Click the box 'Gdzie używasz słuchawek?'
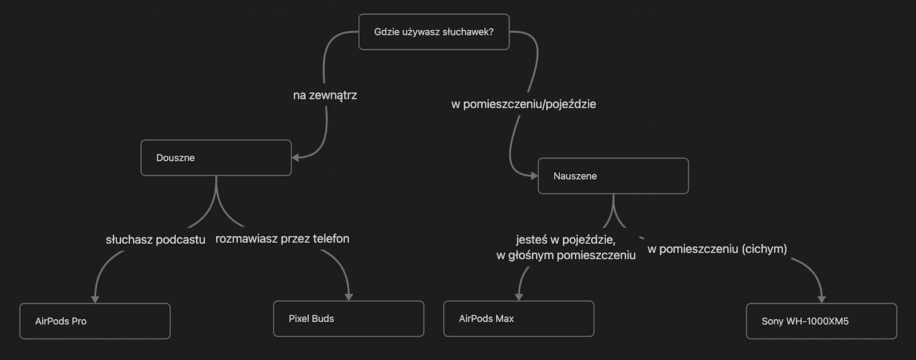point(433,32)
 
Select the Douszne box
point(216,158)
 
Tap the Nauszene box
point(613,176)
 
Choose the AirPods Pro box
point(95,321)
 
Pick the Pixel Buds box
point(348,319)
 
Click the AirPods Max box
point(519,319)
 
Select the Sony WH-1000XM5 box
point(821,321)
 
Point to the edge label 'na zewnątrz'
point(325,96)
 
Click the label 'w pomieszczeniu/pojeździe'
point(523,104)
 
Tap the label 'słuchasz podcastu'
point(155,240)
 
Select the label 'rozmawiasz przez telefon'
point(282,239)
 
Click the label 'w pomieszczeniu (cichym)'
point(717,249)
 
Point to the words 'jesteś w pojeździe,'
point(565,240)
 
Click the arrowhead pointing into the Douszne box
point(296,157)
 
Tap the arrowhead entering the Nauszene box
point(534,176)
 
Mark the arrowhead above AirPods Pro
point(95,299)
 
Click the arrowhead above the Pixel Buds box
point(349,296)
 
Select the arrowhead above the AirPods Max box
point(519,296)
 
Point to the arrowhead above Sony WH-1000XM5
point(822,299)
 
